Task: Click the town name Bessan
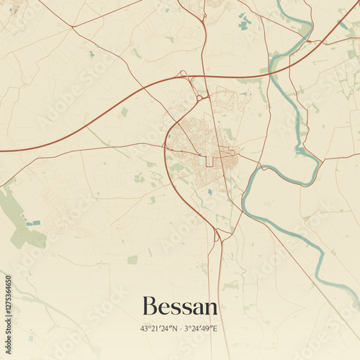pos(180,306)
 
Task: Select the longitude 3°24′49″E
pos(201,328)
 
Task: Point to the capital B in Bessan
pos(149,306)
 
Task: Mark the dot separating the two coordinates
pos(180,328)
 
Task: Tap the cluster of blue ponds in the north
pos(245,22)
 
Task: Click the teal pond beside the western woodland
pos(32,223)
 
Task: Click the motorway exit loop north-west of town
pos(182,73)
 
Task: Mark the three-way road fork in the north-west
pos(72,27)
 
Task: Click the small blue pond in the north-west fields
pos(91,54)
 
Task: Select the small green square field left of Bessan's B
pos(132,259)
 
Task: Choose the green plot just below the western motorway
pos(124,112)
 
